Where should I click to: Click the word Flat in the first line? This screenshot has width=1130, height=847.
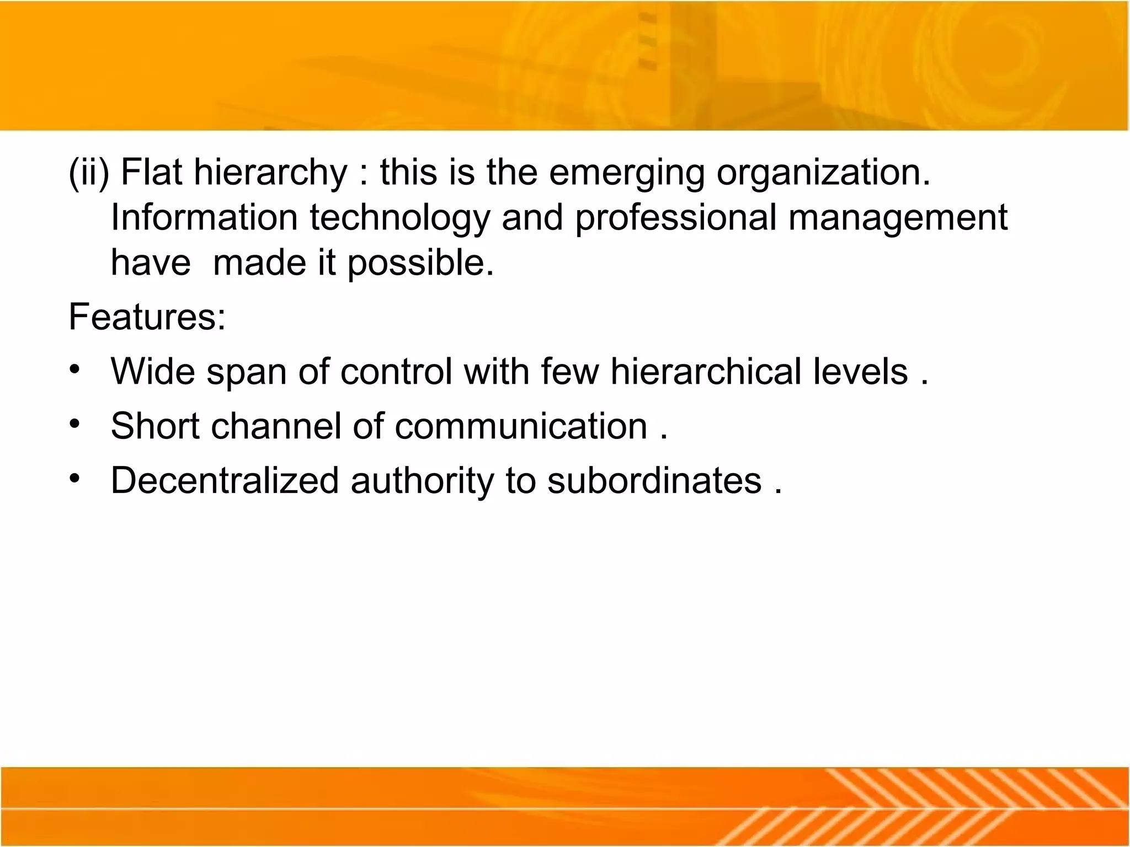tap(151, 172)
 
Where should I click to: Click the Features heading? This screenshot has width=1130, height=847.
tap(147, 318)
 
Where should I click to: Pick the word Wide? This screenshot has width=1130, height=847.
tap(153, 371)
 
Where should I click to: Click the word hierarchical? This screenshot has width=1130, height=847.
tap(705, 371)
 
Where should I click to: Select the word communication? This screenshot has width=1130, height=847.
tap(520, 426)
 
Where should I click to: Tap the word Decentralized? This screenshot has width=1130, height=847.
tap(225, 480)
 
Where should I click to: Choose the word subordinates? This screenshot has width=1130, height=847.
tap(654, 480)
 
